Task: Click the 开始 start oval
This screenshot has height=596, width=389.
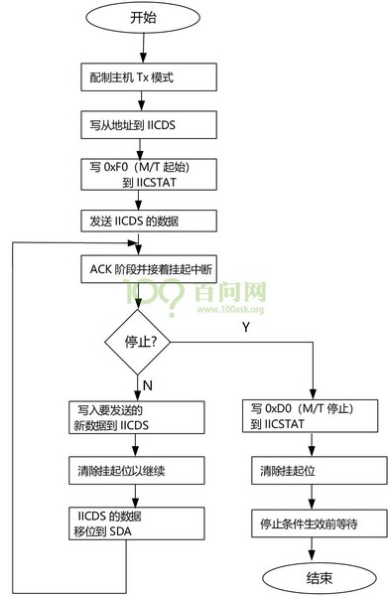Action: coord(144,19)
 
